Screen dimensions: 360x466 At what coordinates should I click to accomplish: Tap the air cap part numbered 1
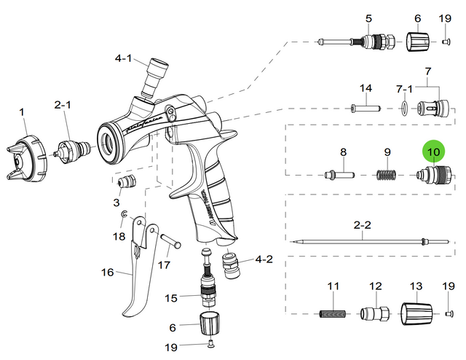click(28, 154)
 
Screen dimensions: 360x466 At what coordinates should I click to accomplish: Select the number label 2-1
click(63, 105)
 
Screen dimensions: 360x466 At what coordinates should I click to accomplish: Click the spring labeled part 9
click(388, 175)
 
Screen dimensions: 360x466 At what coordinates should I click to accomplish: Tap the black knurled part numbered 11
click(333, 315)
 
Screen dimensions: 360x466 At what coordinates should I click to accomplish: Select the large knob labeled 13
click(417, 314)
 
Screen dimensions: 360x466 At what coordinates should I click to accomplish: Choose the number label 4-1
click(123, 58)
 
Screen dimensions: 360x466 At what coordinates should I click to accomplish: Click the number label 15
click(171, 297)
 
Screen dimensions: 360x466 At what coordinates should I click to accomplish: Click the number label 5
click(368, 17)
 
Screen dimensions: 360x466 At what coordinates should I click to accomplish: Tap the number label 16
click(108, 273)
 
